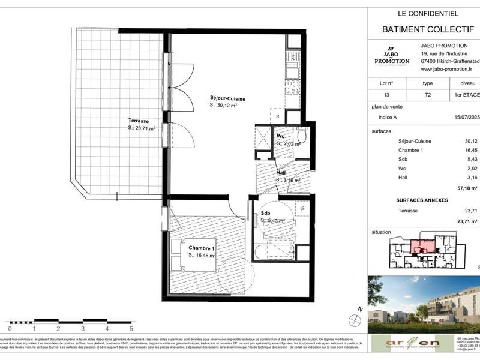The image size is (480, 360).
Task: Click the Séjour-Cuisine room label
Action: click(227, 98)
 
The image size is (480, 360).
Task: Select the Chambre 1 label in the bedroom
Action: click(202, 248)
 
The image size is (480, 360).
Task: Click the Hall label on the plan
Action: click(280, 173)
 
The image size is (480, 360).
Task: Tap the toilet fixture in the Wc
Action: click(303, 136)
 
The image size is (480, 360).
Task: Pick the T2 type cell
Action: click(427, 95)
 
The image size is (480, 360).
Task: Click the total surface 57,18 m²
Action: click(467, 188)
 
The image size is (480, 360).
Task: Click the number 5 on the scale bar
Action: click(131, 329)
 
